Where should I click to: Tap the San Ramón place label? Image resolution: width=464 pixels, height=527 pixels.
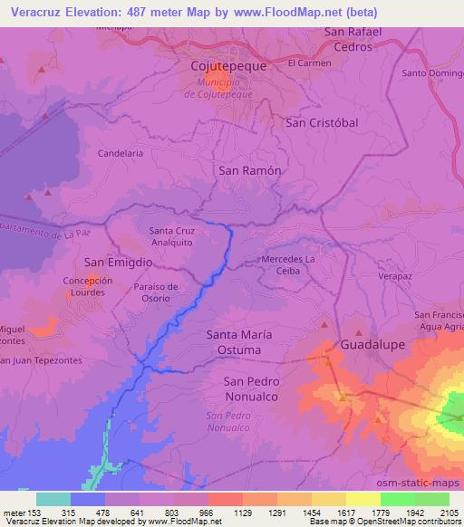coord(250,170)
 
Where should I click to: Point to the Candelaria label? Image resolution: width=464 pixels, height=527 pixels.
coord(121,154)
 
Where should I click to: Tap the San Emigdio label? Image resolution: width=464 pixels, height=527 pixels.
coord(118,262)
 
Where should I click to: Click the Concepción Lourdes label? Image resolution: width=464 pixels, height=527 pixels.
coord(88,287)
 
